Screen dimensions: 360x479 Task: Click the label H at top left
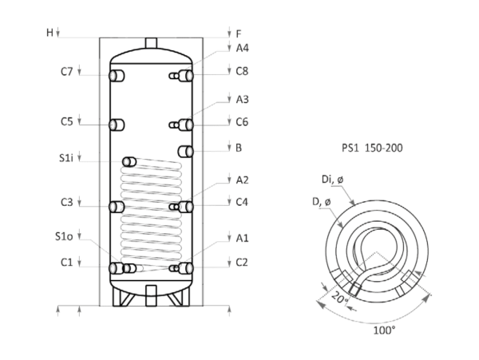tap(49, 34)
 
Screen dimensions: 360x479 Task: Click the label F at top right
tap(239, 34)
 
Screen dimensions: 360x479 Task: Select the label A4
tap(243, 47)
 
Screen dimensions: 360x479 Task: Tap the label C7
tap(67, 72)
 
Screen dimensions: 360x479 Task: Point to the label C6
tap(243, 72)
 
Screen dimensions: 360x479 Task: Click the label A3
tap(243, 99)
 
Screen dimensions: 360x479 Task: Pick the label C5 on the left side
tap(67, 122)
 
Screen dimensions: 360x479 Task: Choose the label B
tap(239, 148)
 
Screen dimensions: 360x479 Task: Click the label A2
tap(243, 179)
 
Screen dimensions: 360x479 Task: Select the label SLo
tap(65, 237)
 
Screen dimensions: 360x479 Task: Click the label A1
tap(243, 237)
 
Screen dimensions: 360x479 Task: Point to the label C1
tap(67, 262)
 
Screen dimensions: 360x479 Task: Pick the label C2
tap(243, 262)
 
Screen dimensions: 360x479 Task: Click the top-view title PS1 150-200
tap(361, 148)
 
